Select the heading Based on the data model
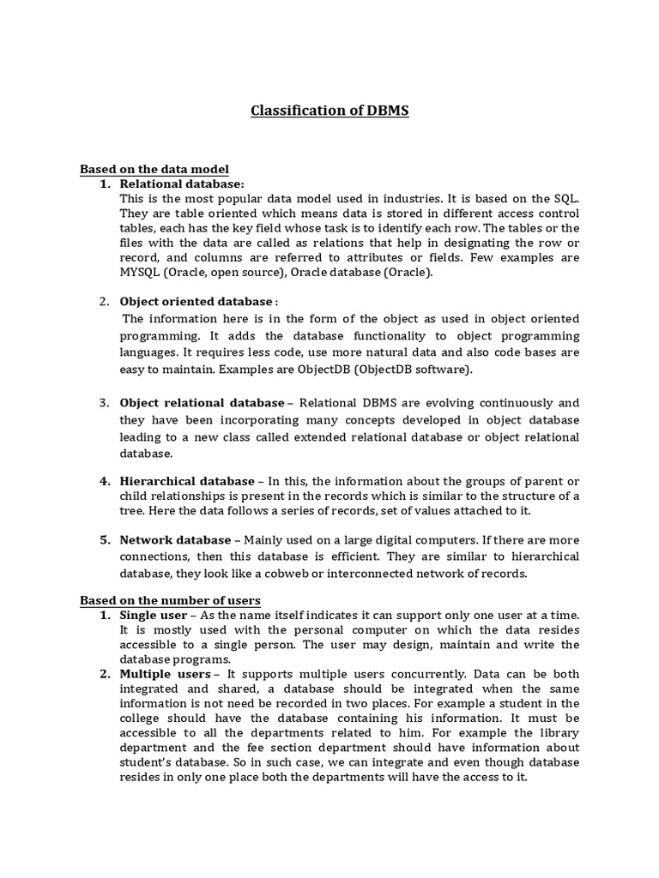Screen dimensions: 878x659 click(154, 169)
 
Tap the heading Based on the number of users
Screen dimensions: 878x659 click(170, 600)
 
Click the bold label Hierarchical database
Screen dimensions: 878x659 click(187, 481)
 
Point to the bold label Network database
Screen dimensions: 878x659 click(175, 540)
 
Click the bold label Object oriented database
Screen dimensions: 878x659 click(195, 302)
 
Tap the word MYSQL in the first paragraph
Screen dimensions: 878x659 click(139, 273)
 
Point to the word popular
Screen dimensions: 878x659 click(238, 198)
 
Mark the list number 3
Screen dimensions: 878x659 click(103, 403)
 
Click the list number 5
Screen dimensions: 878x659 click(103, 540)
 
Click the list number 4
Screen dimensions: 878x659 click(103, 481)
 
